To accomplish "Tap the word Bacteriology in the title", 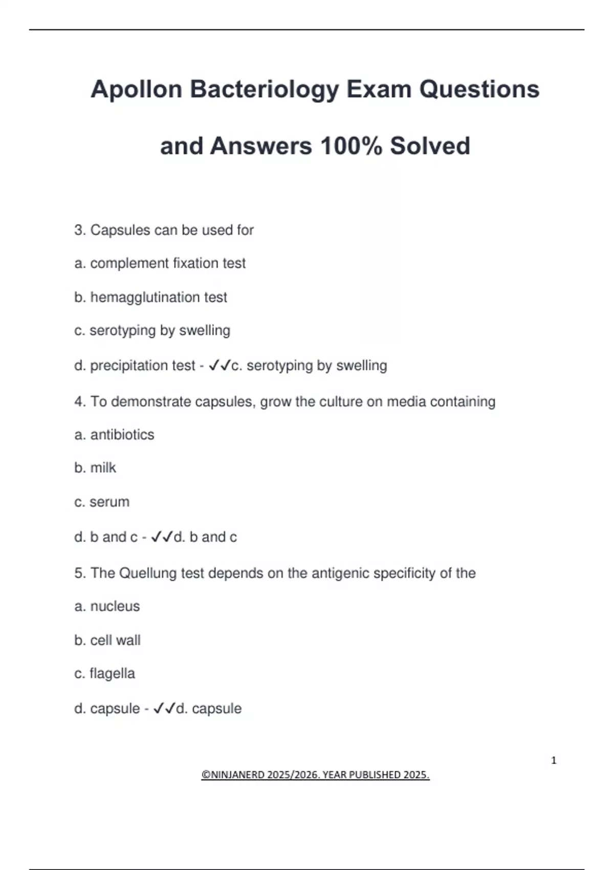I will [x=264, y=90].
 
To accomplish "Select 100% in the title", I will [x=351, y=146].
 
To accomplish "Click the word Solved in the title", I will [x=430, y=146].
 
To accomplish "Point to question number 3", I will [x=80, y=230].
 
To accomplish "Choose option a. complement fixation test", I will [x=160, y=263].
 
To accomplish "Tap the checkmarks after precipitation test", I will [x=220, y=365].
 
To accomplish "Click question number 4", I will [x=80, y=402].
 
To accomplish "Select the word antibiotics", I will [x=122, y=434].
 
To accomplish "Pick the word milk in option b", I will [x=103, y=468].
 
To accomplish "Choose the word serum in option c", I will [x=109, y=502].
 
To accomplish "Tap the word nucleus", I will [x=115, y=606].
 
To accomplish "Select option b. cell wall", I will [x=107, y=640].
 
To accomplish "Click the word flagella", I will [x=112, y=673].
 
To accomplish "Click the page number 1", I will [x=554, y=760].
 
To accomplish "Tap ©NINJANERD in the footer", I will [x=233, y=775].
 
